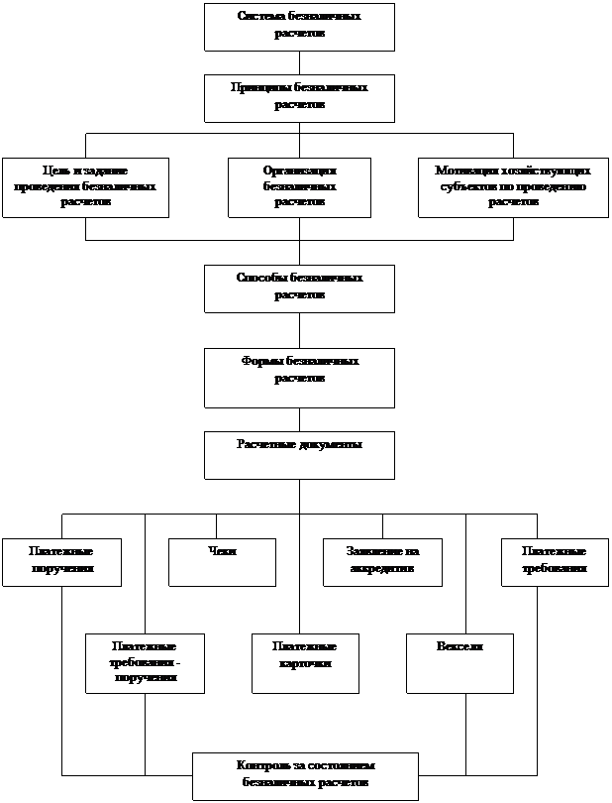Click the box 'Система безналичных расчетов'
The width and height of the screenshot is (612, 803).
(299, 27)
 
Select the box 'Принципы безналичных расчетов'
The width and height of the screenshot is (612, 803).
(299, 98)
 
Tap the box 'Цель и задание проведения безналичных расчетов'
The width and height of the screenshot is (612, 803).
(85, 187)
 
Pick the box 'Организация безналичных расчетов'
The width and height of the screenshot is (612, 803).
(299, 187)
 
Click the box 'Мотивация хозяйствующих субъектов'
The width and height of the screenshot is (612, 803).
(513, 187)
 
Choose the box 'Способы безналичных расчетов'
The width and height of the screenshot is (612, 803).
(299, 288)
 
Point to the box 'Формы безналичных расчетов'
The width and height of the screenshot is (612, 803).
(299, 378)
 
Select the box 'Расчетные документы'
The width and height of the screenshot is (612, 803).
(299, 455)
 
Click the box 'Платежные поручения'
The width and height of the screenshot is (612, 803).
(61, 562)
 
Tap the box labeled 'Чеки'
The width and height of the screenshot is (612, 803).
(222, 562)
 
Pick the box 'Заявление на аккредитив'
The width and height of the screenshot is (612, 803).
(382, 562)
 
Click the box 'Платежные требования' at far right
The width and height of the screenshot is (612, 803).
(555, 562)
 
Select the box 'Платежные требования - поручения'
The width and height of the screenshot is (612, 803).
(145, 663)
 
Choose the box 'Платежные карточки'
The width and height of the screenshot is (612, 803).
(305, 663)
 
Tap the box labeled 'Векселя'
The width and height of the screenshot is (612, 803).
(459, 663)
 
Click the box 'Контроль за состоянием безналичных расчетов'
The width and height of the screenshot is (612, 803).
(305, 776)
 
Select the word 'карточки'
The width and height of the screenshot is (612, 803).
(305, 662)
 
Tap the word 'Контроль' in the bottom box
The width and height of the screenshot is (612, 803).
(261, 766)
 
